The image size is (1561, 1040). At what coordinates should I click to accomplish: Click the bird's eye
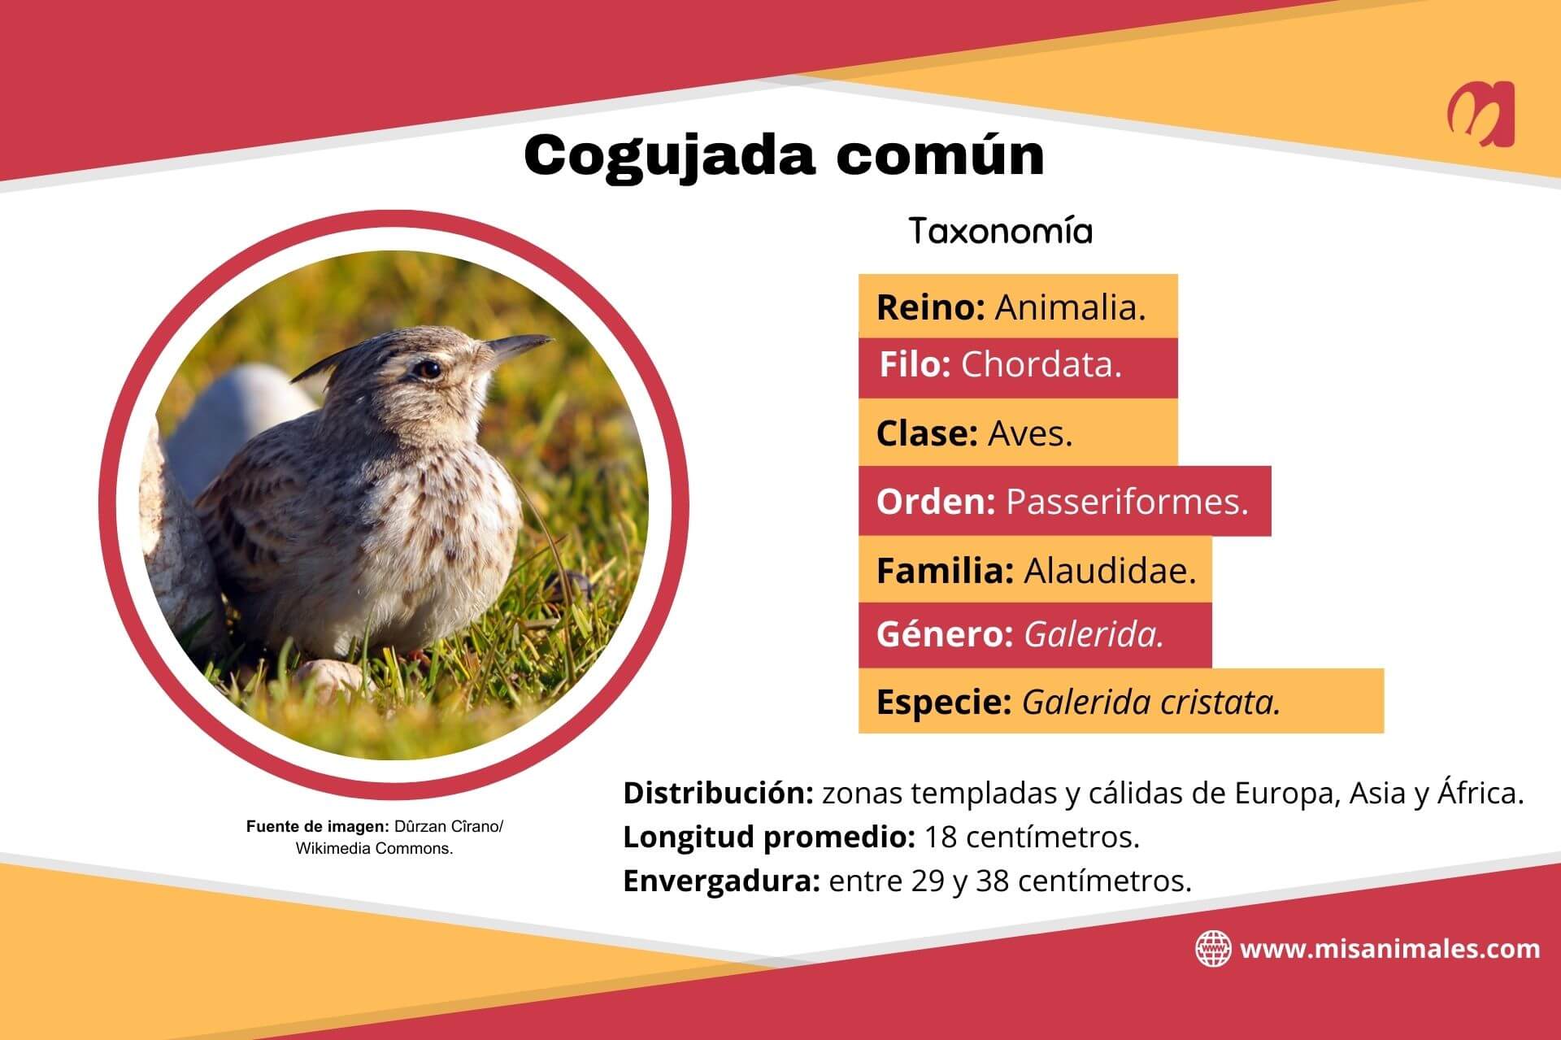428,370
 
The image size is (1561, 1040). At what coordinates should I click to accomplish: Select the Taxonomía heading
1000,232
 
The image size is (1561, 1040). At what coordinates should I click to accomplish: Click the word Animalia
1070,307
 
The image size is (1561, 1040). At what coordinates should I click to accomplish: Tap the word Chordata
1041,365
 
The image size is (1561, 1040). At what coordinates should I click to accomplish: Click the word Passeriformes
1127,502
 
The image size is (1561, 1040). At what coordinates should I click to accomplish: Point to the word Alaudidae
1110,571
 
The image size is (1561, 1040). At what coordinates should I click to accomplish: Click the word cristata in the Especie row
1220,702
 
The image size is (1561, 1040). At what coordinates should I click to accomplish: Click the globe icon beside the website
1212,949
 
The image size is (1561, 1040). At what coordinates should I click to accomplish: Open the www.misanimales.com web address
1389,949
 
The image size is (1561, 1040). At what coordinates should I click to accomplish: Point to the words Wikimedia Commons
374,849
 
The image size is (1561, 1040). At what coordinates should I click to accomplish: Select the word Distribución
719,794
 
